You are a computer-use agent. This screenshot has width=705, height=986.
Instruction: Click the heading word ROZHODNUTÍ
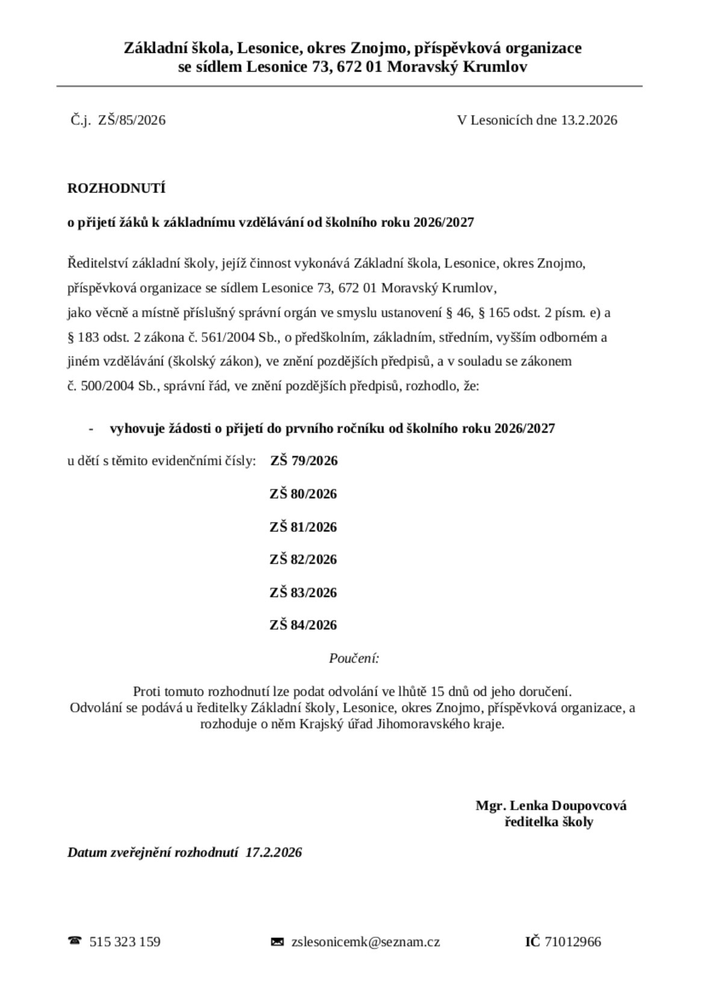(x=116, y=188)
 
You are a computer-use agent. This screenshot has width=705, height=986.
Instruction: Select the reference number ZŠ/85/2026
(x=132, y=120)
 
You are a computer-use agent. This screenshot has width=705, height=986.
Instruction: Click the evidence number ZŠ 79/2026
(x=304, y=461)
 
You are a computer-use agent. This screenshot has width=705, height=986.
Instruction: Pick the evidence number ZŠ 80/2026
(x=303, y=494)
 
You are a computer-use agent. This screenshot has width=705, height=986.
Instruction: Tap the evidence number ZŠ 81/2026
(x=303, y=527)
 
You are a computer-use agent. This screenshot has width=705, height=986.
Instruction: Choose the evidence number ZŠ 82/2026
(x=303, y=560)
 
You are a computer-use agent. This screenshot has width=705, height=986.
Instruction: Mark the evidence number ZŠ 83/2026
(x=303, y=593)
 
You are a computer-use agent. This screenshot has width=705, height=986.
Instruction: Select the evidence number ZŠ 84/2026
(x=303, y=625)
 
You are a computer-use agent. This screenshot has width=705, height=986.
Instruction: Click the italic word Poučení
(x=354, y=659)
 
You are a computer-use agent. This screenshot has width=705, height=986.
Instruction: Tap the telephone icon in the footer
(x=75, y=941)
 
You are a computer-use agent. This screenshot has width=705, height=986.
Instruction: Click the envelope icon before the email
(x=277, y=941)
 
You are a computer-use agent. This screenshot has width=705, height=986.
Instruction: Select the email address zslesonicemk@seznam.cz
(x=366, y=941)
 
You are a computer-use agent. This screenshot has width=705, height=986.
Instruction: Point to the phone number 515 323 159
(x=125, y=941)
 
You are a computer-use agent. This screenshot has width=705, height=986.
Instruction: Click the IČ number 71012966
(x=572, y=941)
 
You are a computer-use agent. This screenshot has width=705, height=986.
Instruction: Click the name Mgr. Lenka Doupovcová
(x=551, y=806)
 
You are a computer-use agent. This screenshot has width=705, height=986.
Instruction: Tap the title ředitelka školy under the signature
(x=548, y=822)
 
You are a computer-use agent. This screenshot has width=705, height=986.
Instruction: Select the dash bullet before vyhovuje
(x=91, y=429)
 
